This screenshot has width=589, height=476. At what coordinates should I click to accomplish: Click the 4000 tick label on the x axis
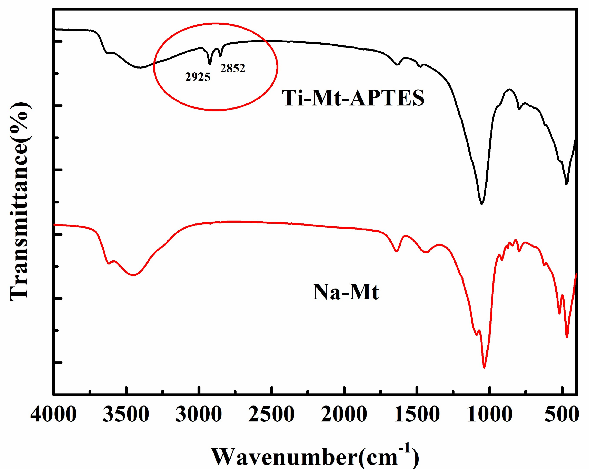tap(53, 414)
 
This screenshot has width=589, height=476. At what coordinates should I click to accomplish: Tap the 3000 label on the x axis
tap(198, 414)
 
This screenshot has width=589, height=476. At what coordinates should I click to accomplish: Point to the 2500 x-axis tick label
tap(271, 414)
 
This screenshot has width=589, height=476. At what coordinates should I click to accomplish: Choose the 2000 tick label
tap(344, 414)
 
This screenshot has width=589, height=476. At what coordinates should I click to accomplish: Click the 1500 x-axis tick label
tap(417, 414)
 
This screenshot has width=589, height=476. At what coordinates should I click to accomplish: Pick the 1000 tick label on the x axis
tap(489, 414)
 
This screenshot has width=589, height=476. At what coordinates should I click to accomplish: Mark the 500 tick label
tap(562, 414)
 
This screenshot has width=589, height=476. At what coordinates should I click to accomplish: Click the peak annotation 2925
tap(198, 77)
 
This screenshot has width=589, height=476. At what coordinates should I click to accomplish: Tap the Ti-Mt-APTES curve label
tap(353, 98)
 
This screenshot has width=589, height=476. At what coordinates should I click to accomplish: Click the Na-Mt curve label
tap(346, 292)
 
